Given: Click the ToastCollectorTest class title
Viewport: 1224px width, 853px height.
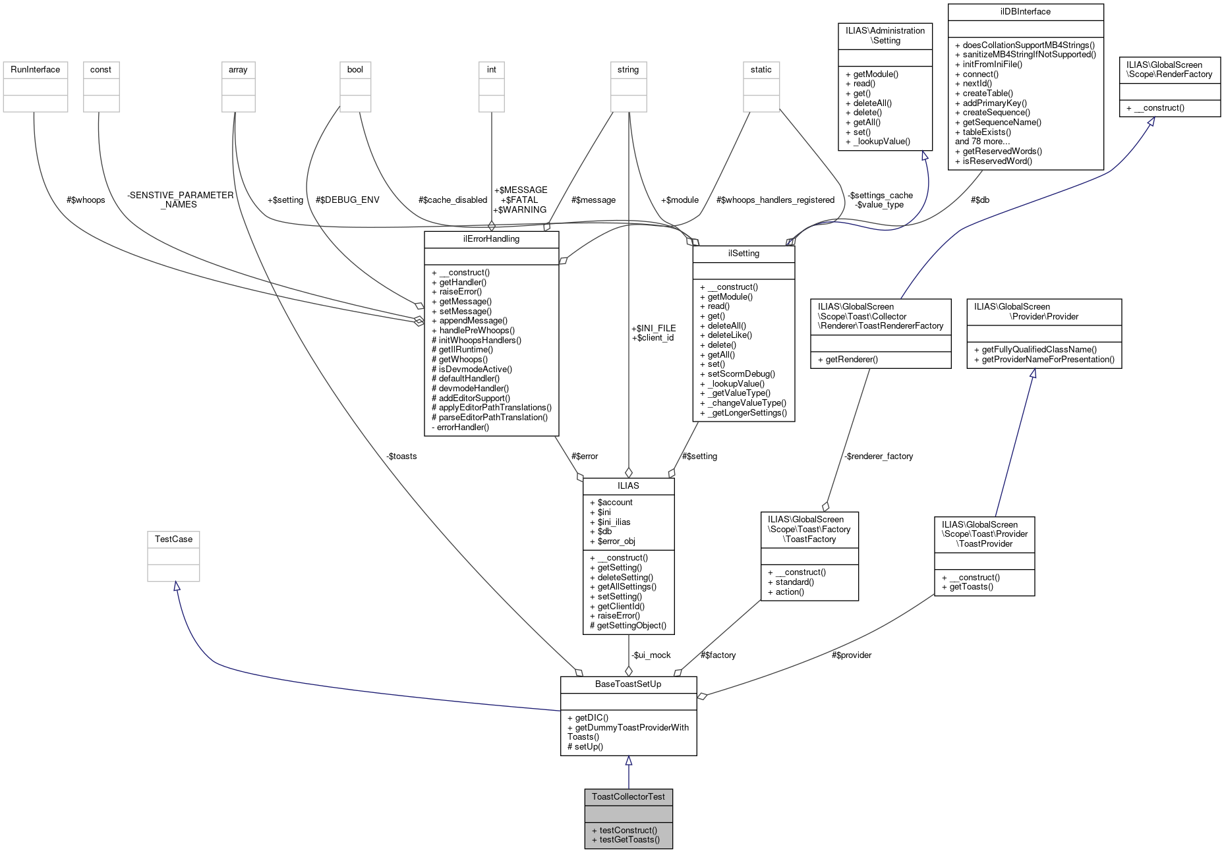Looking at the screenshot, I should (628, 796).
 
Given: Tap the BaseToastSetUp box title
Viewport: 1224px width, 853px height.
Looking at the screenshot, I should (628, 684).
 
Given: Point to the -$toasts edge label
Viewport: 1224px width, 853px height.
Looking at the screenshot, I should (401, 456).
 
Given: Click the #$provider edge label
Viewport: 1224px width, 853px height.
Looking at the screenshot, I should (851, 655).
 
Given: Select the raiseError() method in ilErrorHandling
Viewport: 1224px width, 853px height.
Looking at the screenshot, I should (460, 291).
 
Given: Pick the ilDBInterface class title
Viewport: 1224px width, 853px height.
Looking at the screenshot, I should (1025, 11).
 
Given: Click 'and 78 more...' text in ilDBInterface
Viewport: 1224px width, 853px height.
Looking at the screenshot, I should (982, 141).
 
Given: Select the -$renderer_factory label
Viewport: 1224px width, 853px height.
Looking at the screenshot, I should (879, 456).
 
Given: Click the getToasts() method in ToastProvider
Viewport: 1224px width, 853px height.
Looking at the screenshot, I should (971, 586).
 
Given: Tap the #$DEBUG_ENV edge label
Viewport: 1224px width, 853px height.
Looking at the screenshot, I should (347, 200).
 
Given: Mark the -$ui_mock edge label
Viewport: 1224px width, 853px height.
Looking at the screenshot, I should (651, 655).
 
